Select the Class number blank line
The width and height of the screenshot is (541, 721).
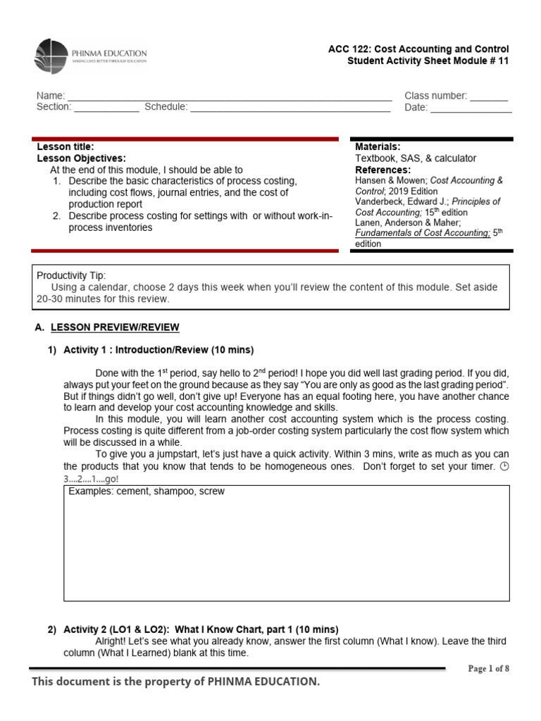point(489,98)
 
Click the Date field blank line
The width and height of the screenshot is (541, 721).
point(471,110)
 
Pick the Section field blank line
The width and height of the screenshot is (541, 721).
point(106,109)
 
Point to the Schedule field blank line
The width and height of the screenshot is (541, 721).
point(290,109)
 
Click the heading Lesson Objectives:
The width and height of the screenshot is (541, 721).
point(81,158)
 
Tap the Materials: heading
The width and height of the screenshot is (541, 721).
point(378,146)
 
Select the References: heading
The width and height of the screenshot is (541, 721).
point(383,170)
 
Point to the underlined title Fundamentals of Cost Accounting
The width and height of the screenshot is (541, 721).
point(421,233)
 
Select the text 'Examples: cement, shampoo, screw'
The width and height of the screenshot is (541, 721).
point(147,491)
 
